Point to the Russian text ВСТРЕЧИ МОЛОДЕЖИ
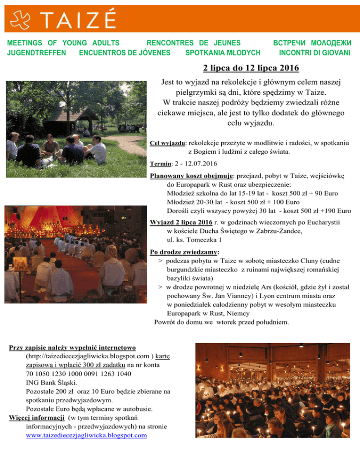(x=311, y=43)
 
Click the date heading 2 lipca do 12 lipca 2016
(x=251, y=69)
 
